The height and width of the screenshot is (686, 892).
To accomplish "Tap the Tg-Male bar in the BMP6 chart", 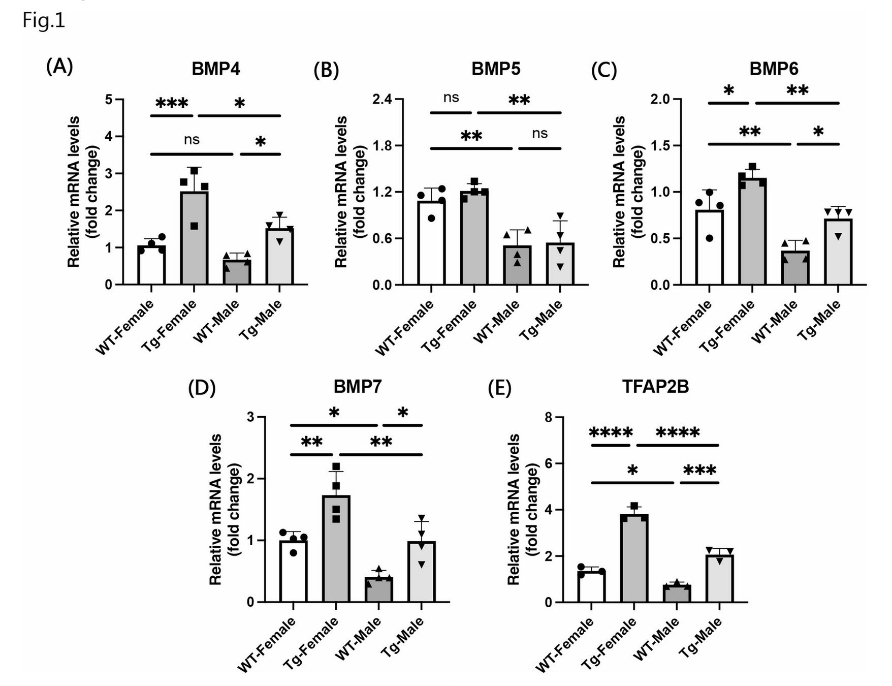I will pos(838,252).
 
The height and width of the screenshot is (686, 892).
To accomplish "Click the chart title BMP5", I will pos(496,69).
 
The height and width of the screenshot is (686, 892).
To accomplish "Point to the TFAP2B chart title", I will pos(655,387).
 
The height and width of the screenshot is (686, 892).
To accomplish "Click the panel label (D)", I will pos(202,388).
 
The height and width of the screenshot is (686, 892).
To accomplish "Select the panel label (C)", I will pos(603,70).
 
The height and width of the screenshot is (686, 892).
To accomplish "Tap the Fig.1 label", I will pos(44,21).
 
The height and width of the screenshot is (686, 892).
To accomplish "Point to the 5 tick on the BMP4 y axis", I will pos(109,99).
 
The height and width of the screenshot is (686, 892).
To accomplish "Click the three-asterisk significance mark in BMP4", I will pos(172,104).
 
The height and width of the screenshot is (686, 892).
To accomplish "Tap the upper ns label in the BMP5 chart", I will pos(451,98).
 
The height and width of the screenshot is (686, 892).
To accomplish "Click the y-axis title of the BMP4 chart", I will pos(82,192).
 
